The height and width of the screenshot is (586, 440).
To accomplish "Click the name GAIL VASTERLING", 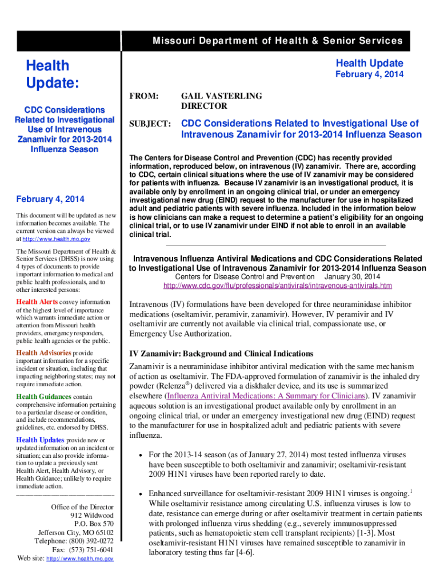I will pos(221,96).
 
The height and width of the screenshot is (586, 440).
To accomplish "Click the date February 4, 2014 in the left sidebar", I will pos(50,199).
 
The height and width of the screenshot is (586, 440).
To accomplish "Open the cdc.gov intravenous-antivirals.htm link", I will pos(277,286).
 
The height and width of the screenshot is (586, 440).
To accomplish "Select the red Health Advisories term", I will pos(43,353).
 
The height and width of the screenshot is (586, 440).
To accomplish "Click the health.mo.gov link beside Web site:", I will pos(79,559).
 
